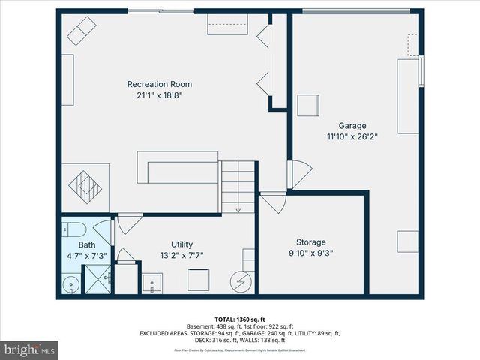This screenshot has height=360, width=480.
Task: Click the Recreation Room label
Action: click(159, 84)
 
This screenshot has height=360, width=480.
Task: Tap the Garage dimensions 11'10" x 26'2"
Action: click(352, 137)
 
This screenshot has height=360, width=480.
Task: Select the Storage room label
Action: click(310, 242)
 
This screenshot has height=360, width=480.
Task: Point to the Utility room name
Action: click(181, 244)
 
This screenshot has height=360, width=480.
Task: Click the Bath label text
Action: click(87, 245)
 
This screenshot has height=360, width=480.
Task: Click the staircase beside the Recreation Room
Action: click(238, 187)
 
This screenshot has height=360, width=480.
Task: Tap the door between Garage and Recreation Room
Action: click(299, 175)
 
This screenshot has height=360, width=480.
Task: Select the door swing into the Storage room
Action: click(273, 202)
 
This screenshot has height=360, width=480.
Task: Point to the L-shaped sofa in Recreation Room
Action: click(176, 167)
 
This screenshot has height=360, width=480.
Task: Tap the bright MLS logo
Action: click(30, 349)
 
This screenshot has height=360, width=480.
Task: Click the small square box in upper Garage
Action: click(308, 106)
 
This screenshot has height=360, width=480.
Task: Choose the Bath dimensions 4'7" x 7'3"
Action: click(87, 255)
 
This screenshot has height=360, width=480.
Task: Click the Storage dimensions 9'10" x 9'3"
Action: click(310, 253)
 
